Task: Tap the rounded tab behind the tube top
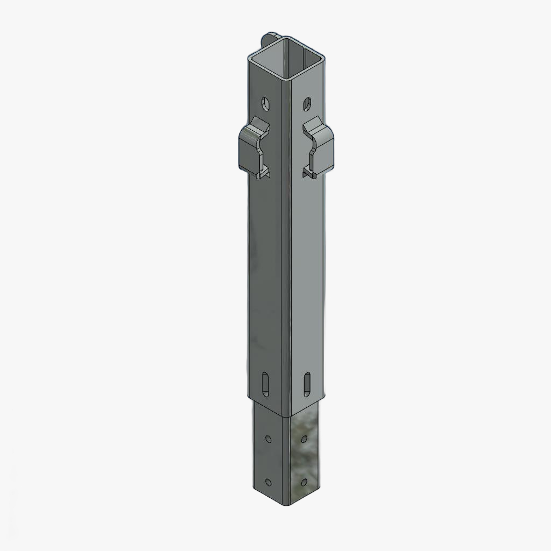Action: pos(267,39)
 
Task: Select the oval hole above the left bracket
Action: pos(265,102)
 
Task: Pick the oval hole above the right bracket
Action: pos(307,102)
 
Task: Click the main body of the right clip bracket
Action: pos(325,149)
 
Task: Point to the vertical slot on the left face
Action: pos(265,384)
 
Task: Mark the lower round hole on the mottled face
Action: pos(305,481)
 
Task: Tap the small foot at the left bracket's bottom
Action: pos(263,174)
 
